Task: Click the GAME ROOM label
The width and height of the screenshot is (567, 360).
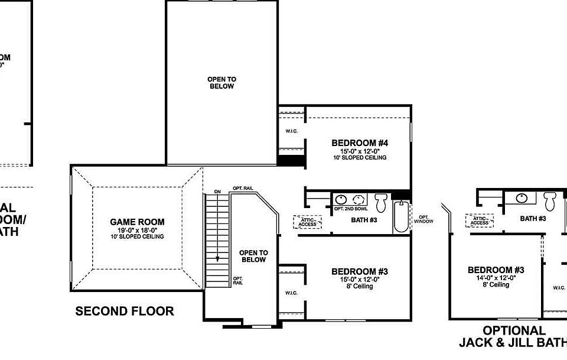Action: tap(137, 222)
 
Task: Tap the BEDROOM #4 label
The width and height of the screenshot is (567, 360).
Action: tap(359, 142)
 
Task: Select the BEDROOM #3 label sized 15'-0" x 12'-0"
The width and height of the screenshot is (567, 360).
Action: tap(359, 271)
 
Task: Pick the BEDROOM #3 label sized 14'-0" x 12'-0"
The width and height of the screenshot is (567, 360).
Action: tap(496, 270)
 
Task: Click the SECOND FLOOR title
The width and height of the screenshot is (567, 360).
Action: tap(125, 311)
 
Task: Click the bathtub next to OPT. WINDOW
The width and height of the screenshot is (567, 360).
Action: tap(401, 217)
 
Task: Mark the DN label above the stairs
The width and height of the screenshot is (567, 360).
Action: tap(217, 192)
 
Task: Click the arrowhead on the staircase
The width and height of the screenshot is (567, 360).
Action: tap(217, 258)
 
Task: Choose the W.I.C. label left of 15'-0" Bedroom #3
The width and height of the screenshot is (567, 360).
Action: tap(291, 293)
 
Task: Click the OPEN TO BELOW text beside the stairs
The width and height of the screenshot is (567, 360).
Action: tap(253, 256)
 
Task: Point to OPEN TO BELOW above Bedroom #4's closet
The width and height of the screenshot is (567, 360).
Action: tap(221, 82)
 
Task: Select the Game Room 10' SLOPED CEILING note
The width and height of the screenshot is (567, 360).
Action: tap(137, 236)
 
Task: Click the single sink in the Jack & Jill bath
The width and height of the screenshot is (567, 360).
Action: tap(522, 198)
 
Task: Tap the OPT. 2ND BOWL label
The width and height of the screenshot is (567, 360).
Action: tap(351, 209)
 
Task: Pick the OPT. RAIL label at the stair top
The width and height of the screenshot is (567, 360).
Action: tap(243, 188)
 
